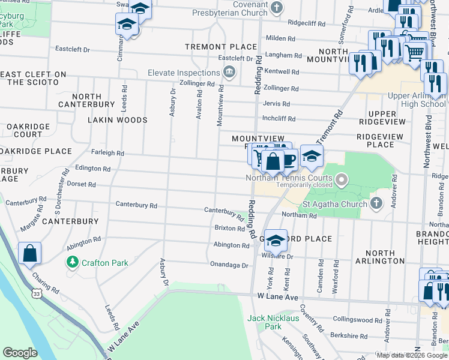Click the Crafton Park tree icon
(72, 262)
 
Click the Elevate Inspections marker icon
(229, 73)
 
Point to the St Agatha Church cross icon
(376, 202)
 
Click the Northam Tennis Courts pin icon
(342, 178)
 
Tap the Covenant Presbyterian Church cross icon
(277, 8)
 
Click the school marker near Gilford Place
(276, 240)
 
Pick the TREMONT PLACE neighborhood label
(212, 47)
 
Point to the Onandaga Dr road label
(229, 265)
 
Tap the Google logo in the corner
(20, 353)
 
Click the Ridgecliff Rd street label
(306, 23)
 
